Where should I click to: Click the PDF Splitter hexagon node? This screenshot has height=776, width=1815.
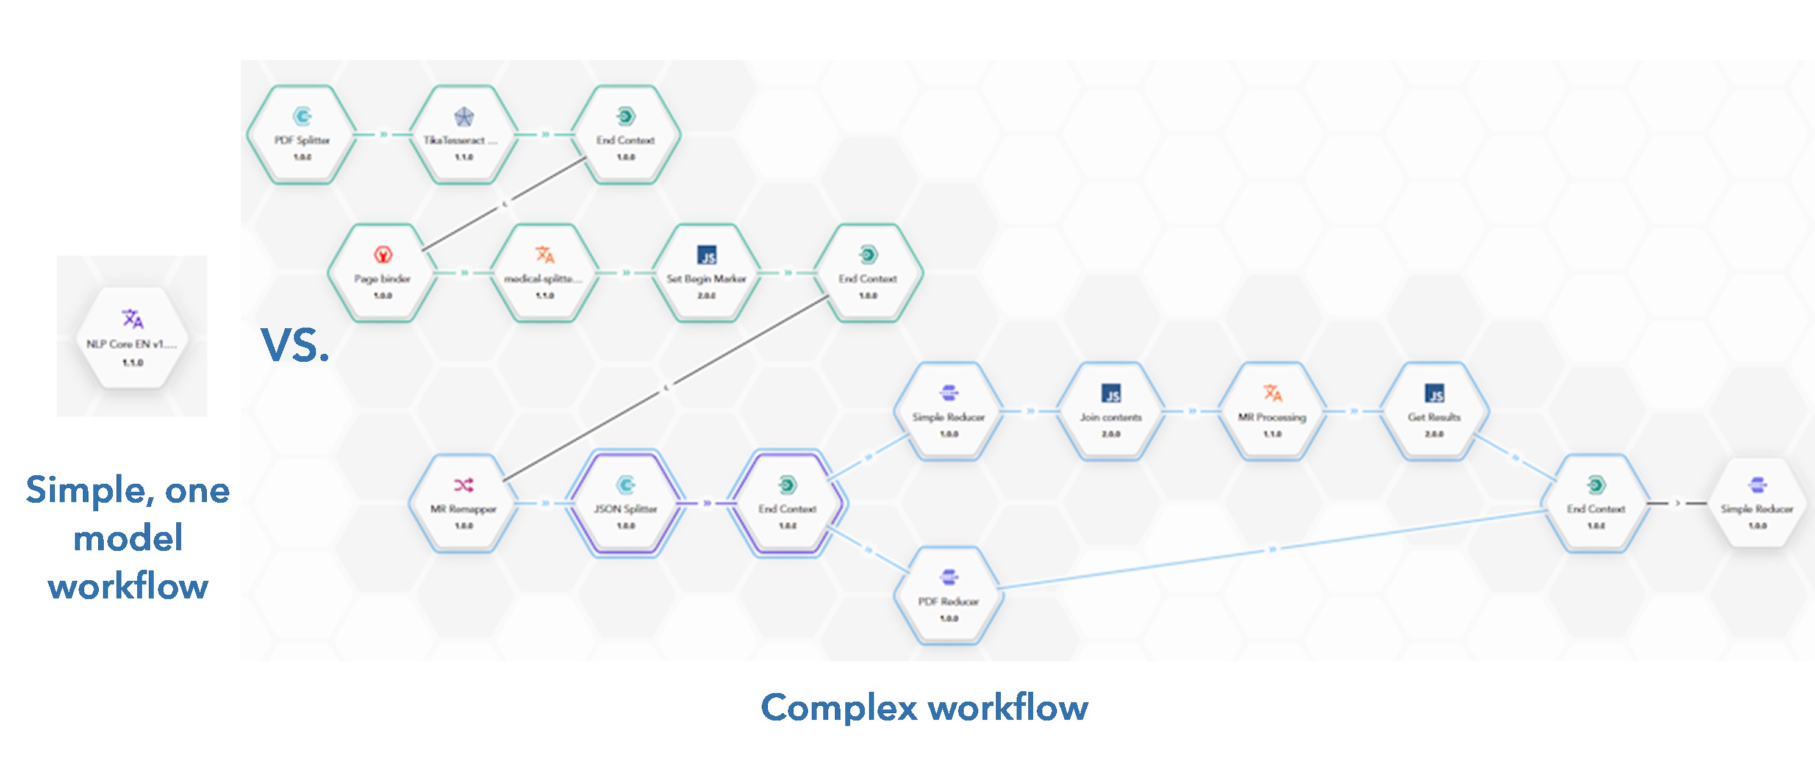coord(302,135)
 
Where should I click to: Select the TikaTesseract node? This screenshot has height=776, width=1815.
coord(463,135)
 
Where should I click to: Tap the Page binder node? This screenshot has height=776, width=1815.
coord(382,273)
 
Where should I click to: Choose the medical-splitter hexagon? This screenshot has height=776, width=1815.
coord(544,273)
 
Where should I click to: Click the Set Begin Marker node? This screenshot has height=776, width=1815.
coord(706,273)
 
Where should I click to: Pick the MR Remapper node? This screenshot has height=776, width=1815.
coord(463,503)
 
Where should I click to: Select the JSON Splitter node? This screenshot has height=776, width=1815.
coord(626,503)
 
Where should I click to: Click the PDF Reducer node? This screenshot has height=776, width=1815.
coord(948,595)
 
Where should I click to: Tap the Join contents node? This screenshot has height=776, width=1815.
coord(1111,412)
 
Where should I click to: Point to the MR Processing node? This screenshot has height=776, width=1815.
coord(1272,412)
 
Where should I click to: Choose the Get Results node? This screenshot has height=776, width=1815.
coord(1434,412)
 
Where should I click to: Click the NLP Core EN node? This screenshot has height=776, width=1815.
coord(132,339)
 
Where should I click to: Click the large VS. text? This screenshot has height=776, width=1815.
coord(295,345)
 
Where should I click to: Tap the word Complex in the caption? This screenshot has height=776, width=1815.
coord(839,707)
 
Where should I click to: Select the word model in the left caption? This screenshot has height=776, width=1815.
coord(128,539)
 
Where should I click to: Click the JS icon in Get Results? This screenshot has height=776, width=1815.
coord(1434,393)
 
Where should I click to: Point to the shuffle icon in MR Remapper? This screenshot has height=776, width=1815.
coord(464,485)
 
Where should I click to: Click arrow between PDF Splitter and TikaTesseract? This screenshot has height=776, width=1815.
coord(383,134)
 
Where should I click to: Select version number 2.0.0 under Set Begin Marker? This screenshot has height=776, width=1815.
coord(706,296)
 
